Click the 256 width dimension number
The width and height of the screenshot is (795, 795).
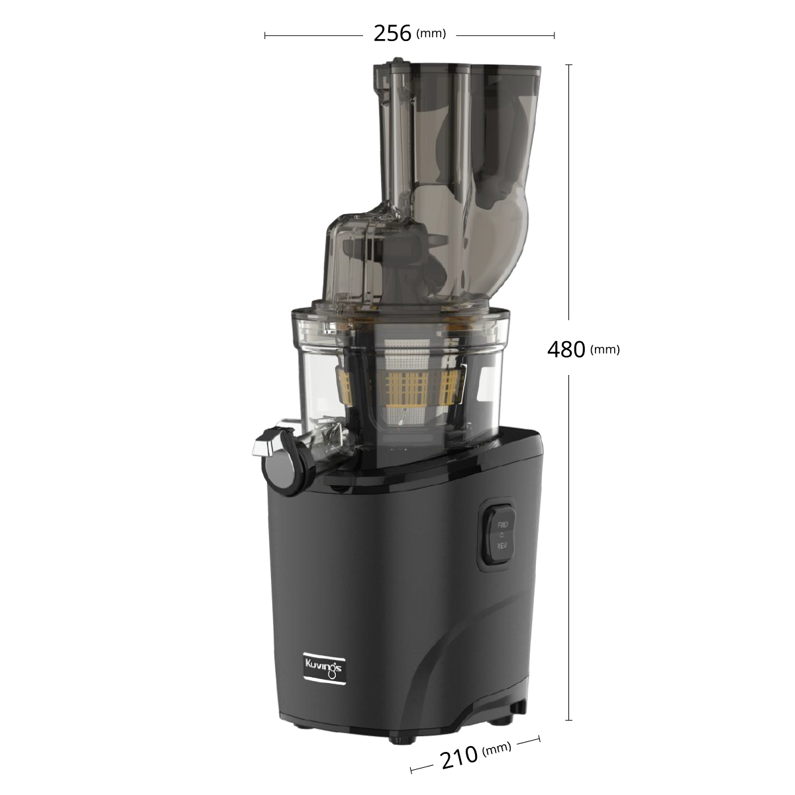click(392, 34)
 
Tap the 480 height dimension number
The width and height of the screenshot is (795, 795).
click(566, 349)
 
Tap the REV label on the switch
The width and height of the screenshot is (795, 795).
click(502, 545)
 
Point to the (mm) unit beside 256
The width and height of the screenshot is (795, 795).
click(431, 33)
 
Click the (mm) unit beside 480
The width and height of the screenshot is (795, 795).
click(605, 350)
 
